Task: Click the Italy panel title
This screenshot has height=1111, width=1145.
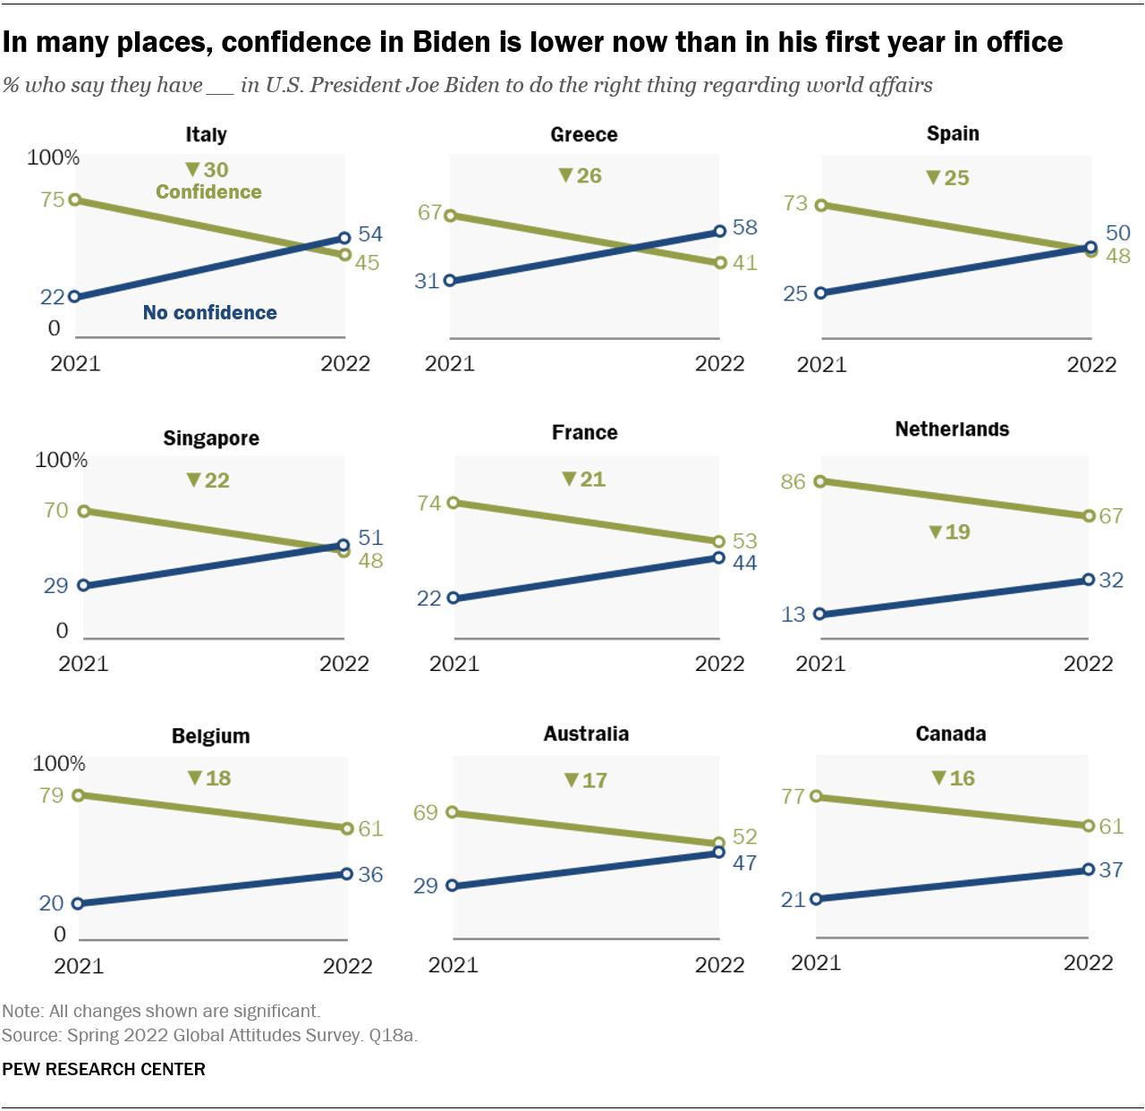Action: click(206, 134)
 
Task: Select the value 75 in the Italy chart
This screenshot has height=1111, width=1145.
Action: click(53, 199)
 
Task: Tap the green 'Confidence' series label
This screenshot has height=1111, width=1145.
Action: click(208, 191)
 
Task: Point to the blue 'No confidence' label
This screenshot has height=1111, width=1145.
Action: click(209, 312)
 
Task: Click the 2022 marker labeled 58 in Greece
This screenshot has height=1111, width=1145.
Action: click(720, 232)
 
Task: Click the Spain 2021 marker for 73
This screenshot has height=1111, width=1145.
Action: click(821, 205)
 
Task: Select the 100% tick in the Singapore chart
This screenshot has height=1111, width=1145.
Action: click(61, 460)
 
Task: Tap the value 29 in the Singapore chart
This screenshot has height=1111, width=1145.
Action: click(55, 586)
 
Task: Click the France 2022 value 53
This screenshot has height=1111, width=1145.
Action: click(744, 541)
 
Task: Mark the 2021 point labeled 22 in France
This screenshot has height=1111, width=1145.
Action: click(454, 598)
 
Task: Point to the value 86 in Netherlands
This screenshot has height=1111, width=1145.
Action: click(793, 481)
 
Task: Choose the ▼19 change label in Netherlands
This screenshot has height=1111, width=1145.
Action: click(949, 532)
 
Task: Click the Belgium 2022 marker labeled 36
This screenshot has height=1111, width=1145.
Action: click(347, 874)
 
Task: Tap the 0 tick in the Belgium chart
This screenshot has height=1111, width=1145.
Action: click(60, 934)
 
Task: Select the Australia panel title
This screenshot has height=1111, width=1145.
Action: click(586, 734)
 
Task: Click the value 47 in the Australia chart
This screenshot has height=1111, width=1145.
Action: click(744, 863)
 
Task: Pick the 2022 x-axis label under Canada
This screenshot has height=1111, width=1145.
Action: click(1088, 963)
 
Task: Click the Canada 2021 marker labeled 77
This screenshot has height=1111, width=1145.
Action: click(817, 796)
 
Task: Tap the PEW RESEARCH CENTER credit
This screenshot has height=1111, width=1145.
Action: click(104, 1069)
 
